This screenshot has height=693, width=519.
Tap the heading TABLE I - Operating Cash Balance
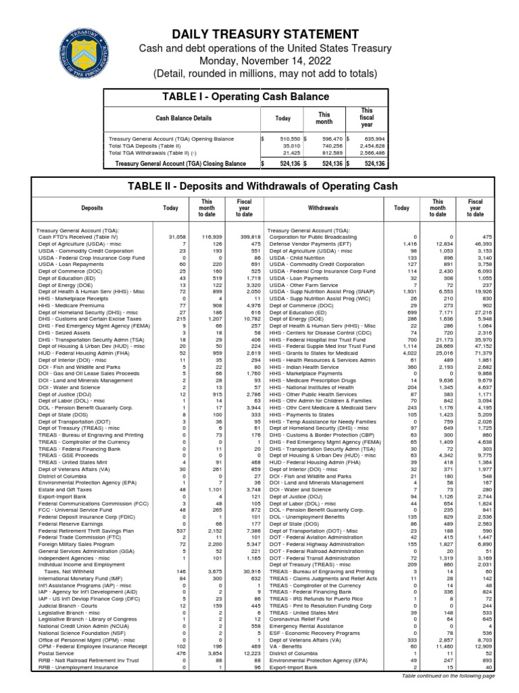[245, 97]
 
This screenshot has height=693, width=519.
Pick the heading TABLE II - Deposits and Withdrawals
[259, 187]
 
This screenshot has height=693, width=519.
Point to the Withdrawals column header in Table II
[327, 208]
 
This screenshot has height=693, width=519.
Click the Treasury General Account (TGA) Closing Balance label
[180, 164]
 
